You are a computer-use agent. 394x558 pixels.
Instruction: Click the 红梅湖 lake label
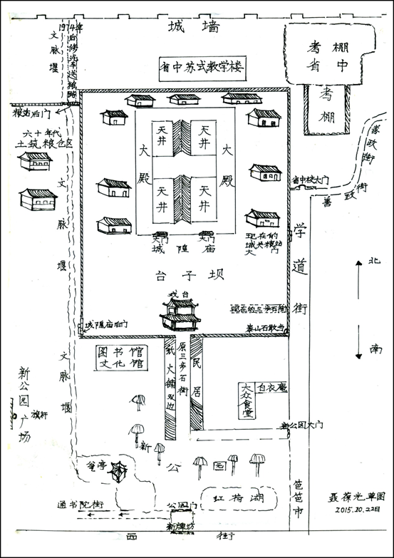(232, 497)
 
